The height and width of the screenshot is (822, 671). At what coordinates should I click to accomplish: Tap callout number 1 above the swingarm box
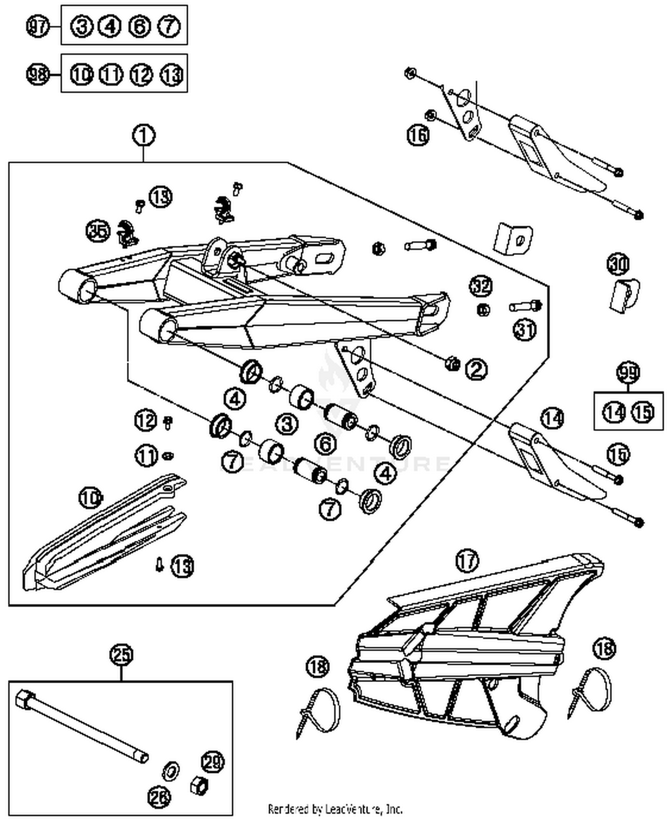tap(144, 136)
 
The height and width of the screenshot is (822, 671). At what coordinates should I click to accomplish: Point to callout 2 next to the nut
tap(476, 369)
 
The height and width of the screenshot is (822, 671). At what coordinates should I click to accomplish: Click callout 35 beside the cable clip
tap(98, 231)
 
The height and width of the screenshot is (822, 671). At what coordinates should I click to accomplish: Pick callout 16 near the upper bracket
tap(418, 135)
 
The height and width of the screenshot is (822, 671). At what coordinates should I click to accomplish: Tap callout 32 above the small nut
tap(481, 286)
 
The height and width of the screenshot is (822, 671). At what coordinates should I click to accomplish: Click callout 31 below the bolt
tap(525, 330)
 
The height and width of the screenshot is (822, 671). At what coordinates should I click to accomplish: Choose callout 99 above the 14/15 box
tap(628, 372)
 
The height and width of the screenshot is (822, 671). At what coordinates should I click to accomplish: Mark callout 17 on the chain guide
tap(467, 560)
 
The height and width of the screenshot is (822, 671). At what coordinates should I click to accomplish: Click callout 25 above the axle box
tap(122, 655)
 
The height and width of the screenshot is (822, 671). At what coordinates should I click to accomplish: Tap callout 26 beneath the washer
tap(159, 797)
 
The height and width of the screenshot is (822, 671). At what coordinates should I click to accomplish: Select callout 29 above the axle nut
tap(212, 762)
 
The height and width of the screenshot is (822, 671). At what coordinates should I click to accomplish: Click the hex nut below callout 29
tap(199, 785)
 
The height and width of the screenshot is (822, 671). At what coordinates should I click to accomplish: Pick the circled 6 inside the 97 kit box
tap(140, 26)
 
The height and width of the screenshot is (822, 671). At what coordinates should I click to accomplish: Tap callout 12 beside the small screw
tap(146, 420)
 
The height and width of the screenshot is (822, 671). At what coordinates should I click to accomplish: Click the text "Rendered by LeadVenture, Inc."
tap(335, 809)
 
